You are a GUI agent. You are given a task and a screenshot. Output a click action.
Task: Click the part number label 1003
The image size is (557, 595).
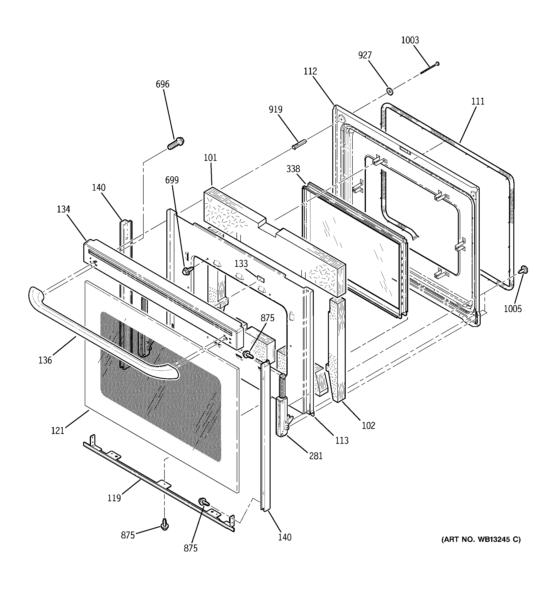click(410, 40)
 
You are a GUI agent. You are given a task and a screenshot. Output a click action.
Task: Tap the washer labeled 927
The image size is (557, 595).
click(390, 91)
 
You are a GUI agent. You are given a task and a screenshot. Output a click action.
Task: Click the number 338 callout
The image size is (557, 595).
click(293, 169)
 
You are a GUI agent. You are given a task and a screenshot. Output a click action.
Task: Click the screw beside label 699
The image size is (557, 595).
click(187, 271)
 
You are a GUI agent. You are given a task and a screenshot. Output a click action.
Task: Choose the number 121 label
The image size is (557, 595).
click(58, 430)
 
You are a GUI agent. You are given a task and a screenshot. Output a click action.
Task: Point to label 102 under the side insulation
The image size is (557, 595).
click(368, 425)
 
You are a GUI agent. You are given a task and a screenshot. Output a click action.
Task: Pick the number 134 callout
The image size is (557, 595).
click(63, 209)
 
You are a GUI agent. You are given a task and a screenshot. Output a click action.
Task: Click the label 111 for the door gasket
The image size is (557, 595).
click(478, 101)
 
